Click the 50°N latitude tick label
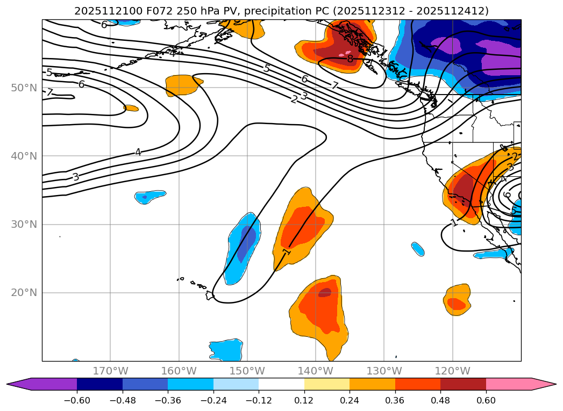(x=24, y=88)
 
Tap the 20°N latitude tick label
(x=24, y=293)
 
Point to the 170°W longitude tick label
(x=110, y=371)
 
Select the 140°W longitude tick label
(x=316, y=371)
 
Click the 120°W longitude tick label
(x=452, y=371)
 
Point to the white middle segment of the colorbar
(x=281, y=384)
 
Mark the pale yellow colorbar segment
(x=327, y=384)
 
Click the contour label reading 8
(x=350, y=59)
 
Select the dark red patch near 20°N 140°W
(x=325, y=293)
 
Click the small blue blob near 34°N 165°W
(x=150, y=196)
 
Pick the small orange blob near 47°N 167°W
(x=131, y=108)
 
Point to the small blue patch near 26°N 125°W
(x=418, y=249)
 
